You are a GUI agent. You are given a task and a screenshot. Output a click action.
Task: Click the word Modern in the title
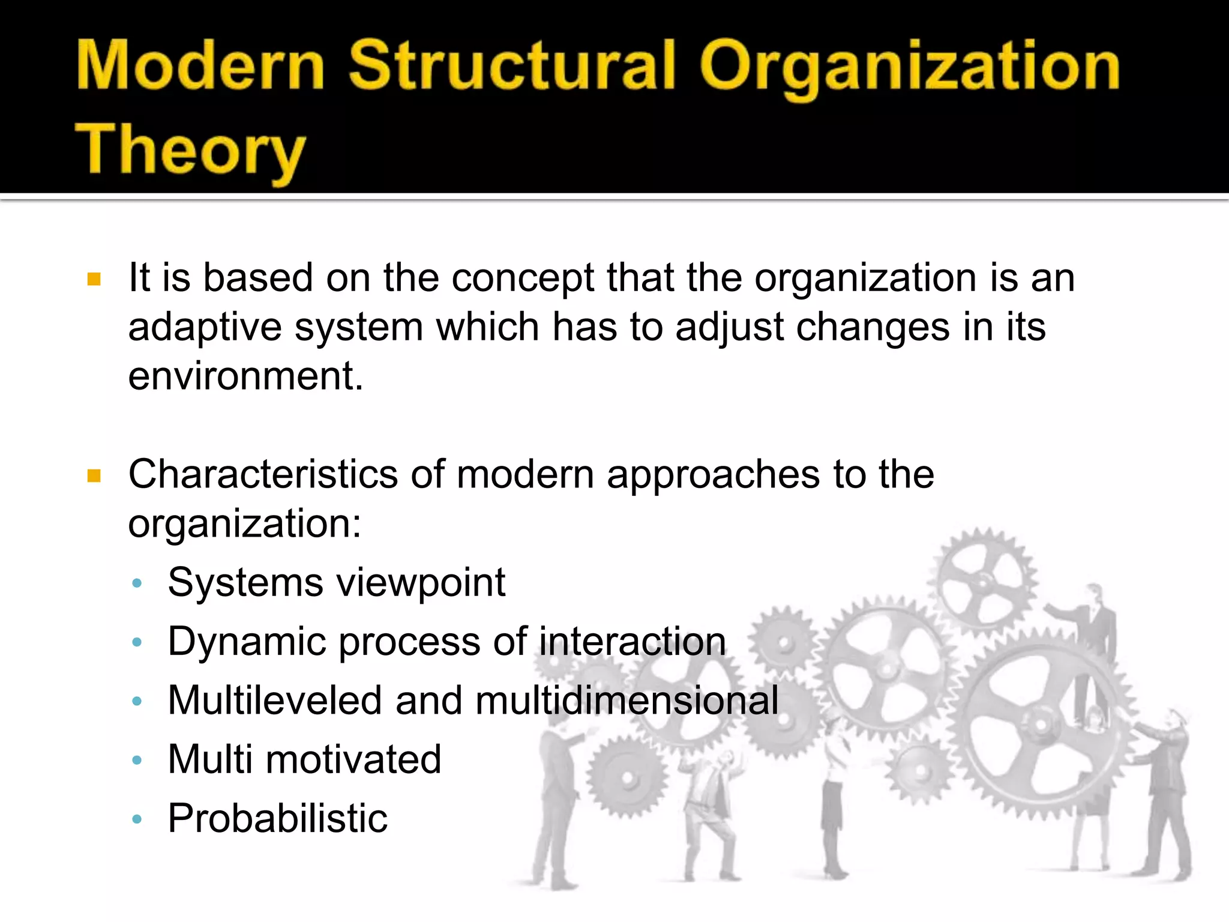point(200,66)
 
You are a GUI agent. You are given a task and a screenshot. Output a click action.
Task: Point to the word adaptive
point(205,328)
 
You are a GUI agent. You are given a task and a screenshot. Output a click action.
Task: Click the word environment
point(245,376)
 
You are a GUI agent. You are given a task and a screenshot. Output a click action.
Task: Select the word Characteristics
point(262,474)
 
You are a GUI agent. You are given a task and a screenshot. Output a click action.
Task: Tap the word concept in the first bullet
point(522,279)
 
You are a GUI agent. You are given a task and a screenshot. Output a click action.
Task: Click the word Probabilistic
point(277,818)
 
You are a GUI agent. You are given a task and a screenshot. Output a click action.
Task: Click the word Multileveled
point(274,700)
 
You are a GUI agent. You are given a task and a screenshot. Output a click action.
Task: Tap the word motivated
point(353,759)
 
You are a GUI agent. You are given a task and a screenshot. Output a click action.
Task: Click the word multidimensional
point(627,700)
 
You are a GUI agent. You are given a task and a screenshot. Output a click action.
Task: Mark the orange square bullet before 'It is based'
point(94,279)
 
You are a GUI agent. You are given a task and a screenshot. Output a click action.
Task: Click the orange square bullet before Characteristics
point(94,476)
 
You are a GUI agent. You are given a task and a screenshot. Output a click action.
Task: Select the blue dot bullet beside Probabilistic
point(137,819)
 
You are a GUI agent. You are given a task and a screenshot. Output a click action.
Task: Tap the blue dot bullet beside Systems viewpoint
point(137,583)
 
